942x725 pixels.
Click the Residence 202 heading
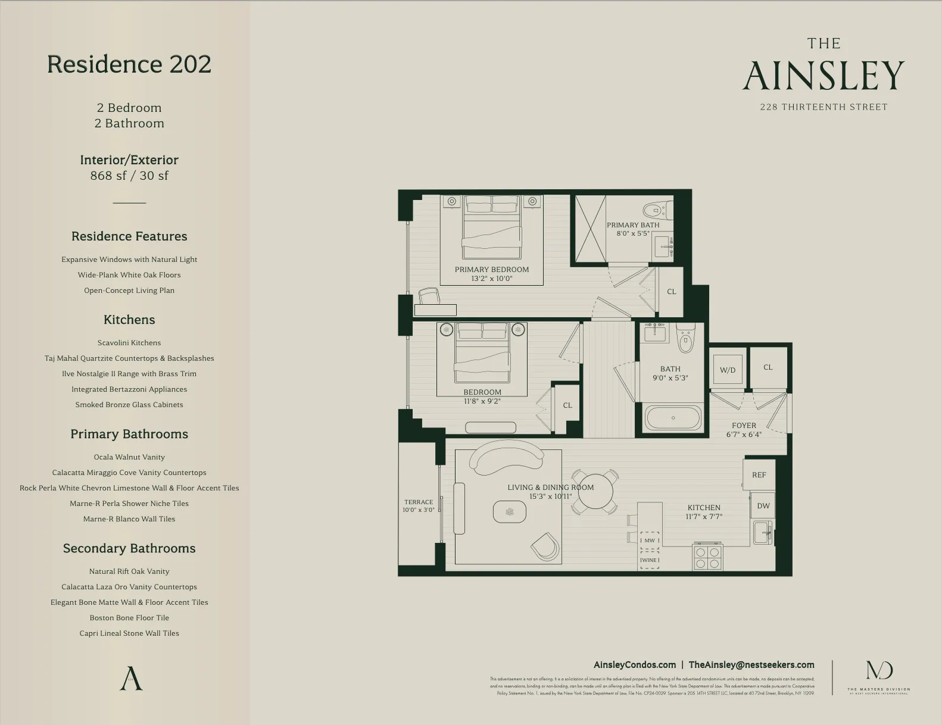click(x=129, y=64)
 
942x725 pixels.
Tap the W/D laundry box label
click(x=728, y=370)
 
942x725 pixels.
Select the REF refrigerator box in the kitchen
click(x=759, y=475)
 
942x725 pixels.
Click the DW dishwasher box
click(x=763, y=506)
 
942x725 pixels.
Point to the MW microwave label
click(x=650, y=540)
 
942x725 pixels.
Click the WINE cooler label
click(x=649, y=560)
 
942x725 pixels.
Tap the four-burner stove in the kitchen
click(x=707, y=558)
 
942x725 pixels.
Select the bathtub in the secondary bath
click(x=673, y=418)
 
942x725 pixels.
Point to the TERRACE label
click(x=419, y=502)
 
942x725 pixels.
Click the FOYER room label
click(x=744, y=426)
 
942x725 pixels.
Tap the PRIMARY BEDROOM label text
click(x=492, y=270)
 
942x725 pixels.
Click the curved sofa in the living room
click(x=506, y=455)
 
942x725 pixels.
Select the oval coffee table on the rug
click(x=510, y=512)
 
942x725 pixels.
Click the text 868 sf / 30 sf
click(x=129, y=176)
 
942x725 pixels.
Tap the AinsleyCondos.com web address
click(x=634, y=665)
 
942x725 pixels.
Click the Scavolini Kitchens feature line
click(x=129, y=343)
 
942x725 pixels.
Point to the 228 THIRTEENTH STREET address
click(x=824, y=107)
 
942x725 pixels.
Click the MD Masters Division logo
click(x=879, y=676)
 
